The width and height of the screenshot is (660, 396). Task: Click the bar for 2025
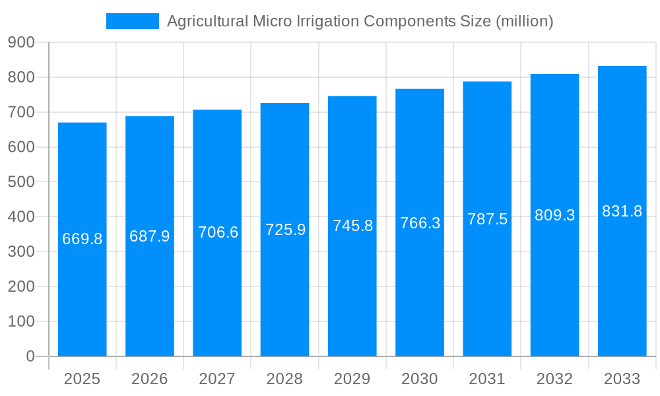click(82, 297)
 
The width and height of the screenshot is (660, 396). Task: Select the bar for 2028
click(284, 297)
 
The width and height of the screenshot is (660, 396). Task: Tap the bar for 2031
click(487, 297)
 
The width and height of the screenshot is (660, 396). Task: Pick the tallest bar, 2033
click(622, 297)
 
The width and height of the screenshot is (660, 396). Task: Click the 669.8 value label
click(82, 239)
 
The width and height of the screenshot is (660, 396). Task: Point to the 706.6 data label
click(218, 232)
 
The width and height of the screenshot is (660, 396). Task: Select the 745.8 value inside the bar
click(352, 226)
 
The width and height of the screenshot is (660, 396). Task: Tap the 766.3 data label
click(420, 223)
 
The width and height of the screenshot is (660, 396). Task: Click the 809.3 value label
click(554, 215)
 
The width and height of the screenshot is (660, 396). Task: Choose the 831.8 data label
click(622, 211)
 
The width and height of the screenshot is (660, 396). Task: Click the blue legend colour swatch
click(132, 21)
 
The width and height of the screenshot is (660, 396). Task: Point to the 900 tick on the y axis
click(21, 42)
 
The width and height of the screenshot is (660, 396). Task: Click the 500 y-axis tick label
click(21, 181)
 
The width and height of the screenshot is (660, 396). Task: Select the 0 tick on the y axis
click(30, 356)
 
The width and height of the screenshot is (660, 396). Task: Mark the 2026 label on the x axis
click(149, 379)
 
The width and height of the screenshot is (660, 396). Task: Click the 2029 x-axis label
click(352, 379)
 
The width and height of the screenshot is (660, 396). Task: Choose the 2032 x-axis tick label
click(554, 379)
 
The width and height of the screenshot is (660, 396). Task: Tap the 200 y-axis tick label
click(21, 286)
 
